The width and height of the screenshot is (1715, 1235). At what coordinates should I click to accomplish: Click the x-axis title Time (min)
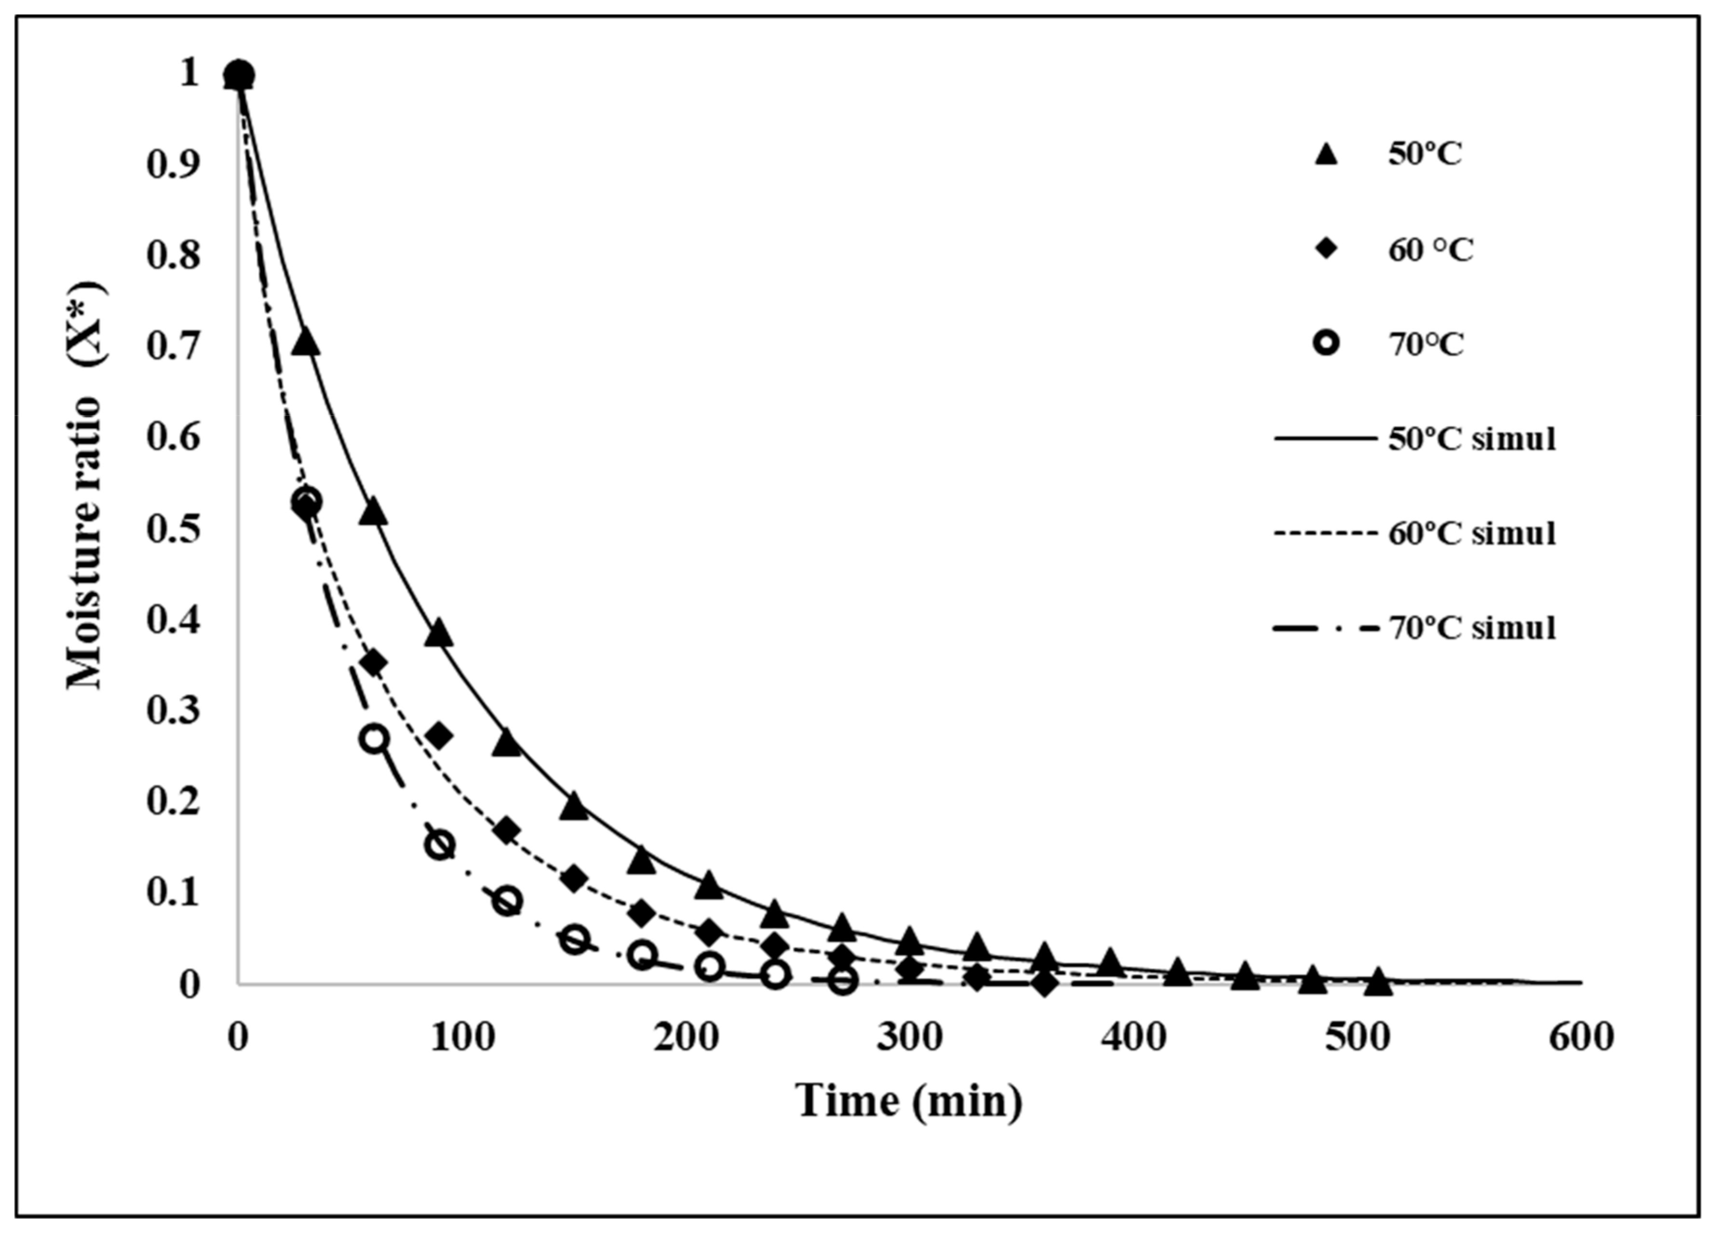tap(909, 1101)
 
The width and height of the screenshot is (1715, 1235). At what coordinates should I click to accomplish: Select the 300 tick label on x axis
tap(910, 1038)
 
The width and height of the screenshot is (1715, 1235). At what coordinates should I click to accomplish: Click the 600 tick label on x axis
tap(1580, 1038)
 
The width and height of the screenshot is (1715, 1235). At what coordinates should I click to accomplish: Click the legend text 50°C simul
tap(1471, 439)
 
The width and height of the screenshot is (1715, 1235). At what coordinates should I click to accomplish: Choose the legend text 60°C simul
tap(1471, 533)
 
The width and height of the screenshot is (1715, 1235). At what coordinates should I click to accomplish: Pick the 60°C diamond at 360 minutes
tap(1044, 984)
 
